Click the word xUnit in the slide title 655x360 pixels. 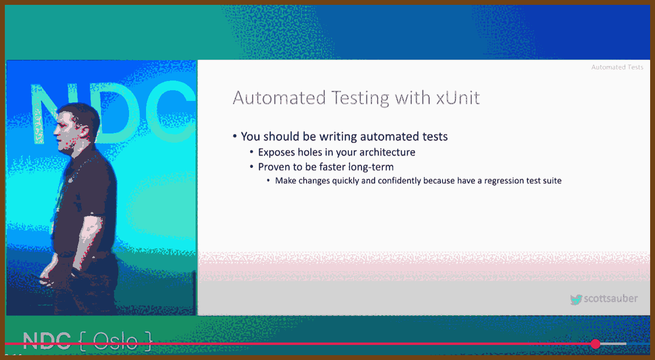[458, 98]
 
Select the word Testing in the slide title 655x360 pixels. [360, 99]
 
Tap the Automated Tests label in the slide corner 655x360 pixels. [617, 67]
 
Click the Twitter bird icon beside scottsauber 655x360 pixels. [576, 300]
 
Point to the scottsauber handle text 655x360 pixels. [610, 298]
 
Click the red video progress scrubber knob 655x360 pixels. [595, 344]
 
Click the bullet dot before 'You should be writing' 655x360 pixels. [234, 136]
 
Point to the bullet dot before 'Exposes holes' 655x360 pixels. [251, 152]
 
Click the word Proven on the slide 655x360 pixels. [274, 167]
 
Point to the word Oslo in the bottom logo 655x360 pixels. [115, 342]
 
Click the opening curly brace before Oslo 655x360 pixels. [83, 341]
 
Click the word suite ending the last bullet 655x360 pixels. [552, 181]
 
